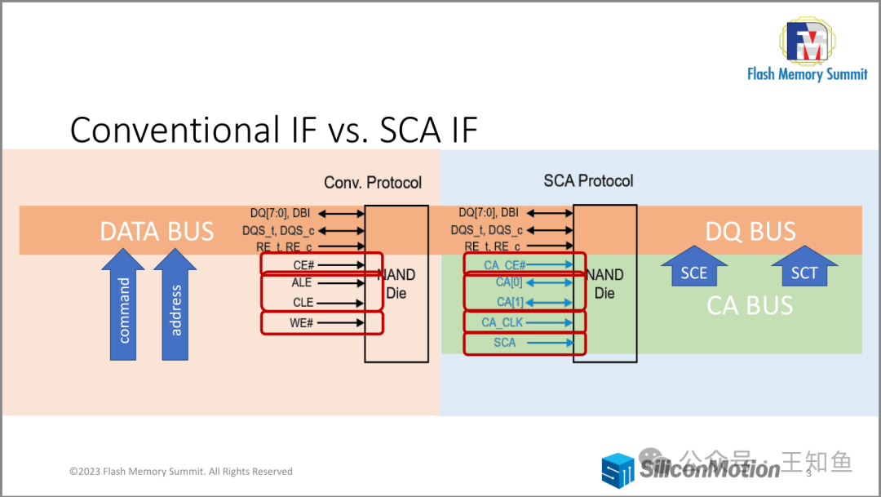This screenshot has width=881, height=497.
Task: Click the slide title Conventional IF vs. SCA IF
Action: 273,130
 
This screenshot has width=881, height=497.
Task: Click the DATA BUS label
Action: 157,232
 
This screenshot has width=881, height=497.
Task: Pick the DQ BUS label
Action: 750,232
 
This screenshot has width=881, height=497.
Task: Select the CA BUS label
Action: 750,305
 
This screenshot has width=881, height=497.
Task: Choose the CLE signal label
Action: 303,303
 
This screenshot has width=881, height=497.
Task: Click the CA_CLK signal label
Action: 502,322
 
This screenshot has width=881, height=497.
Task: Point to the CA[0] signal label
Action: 508,283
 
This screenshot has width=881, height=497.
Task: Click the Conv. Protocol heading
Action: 373,182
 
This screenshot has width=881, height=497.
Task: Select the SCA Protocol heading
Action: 588,180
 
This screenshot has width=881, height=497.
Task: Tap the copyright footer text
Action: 181,472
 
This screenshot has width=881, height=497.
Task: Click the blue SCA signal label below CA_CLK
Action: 504,343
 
